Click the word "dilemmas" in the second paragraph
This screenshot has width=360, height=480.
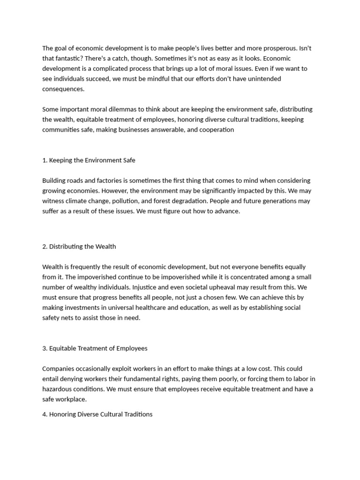[x=120, y=109]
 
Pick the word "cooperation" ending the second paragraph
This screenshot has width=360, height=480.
[x=217, y=130]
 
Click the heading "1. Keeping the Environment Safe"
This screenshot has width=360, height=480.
[x=89, y=160]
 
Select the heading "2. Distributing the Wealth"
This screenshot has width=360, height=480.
[x=79, y=247]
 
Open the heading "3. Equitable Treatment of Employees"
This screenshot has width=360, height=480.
[x=95, y=348]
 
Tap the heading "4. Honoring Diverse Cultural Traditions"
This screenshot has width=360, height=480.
[x=97, y=414]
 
